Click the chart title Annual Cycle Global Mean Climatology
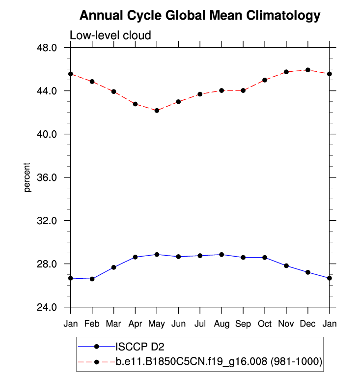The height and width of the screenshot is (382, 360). tap(199, 16)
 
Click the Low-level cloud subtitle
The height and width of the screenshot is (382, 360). tap(110, 35)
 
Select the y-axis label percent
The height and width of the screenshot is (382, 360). tap(28, 177)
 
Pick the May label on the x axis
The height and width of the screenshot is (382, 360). tap(157, 324)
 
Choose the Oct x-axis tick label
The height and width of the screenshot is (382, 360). tap(265, 324)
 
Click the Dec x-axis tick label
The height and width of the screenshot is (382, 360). tap(308, 324)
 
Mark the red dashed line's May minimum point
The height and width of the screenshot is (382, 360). tap(157, 111)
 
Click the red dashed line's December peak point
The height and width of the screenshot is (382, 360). tap(308, 70)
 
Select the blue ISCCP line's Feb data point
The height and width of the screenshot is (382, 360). tap(92, 279)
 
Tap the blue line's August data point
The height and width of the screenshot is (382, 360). tap(222, 255)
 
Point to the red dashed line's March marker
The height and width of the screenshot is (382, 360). tap(113, 91)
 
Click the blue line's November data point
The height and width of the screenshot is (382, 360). tap(286, 266)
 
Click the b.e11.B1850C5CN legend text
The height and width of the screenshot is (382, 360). tap(219, 362)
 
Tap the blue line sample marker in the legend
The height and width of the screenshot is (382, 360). tap(97, 347)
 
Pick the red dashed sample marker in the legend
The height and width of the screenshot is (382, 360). tap(97, 362)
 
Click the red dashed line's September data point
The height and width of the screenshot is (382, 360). tap(243, 90)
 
